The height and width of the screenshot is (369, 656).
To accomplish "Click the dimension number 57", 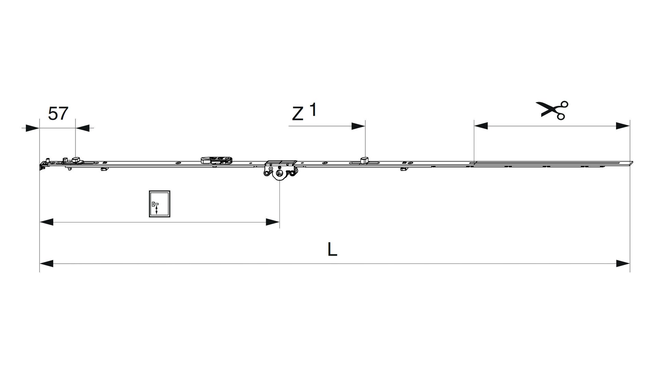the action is tap(58, 113).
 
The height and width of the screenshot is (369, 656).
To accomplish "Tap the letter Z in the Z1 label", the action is tap(298, 114).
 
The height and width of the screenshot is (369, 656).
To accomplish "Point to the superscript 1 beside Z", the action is tap(313, 110).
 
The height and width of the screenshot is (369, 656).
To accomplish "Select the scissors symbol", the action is tap(552, 110).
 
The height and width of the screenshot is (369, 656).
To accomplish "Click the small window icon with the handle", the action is tap(160, 204).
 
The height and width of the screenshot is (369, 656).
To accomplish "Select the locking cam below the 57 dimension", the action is tap(76, 160).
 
